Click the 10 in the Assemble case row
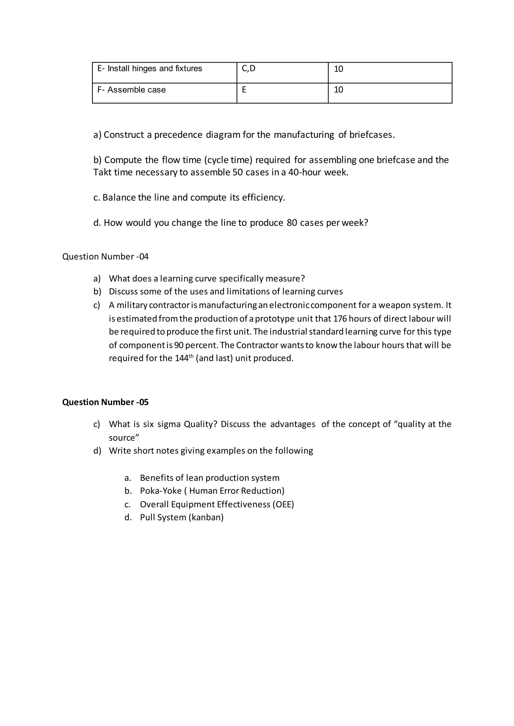[x=338, y=90]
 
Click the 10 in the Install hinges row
[x=338, y=69]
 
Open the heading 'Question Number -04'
[x=105, y=256]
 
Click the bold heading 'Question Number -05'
[x=105, y=402]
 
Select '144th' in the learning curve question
[x=183, y=358]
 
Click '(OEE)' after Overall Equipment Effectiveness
[x=283, y=504]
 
